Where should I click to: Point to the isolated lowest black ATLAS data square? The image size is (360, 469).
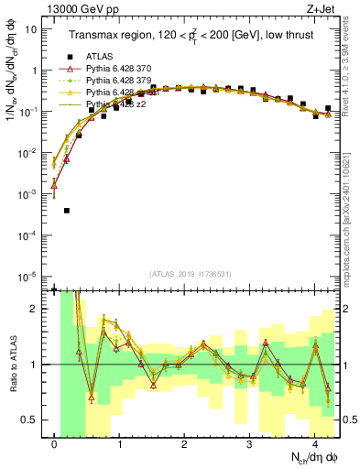pos(68,211)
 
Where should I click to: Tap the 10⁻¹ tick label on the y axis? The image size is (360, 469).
pos(28,112)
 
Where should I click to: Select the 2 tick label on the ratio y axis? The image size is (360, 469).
pos(34,309)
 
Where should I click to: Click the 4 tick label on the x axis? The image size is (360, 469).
pos(314,443)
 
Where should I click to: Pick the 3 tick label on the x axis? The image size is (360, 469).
pos(249,443)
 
